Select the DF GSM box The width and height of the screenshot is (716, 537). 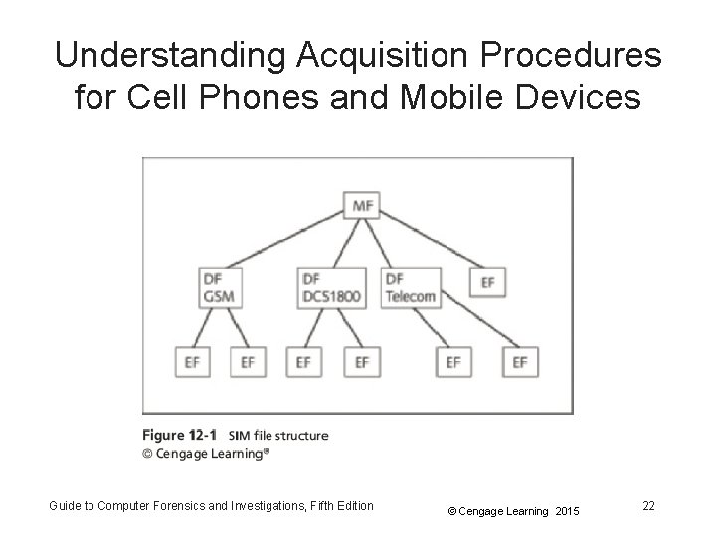coord(221,287)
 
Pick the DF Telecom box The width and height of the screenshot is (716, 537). coord(410,287)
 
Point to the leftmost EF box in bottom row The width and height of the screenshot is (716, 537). coord(192,362)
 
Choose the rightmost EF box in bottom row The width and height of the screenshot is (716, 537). coord(519,362)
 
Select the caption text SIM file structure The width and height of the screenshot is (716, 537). coord(277,436)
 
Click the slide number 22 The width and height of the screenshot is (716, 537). coord(648,506)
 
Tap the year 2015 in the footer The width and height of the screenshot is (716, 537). coord(566,511)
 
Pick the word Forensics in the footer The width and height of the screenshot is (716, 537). coord(188,505)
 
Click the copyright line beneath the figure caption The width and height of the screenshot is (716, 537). coord(206,453)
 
